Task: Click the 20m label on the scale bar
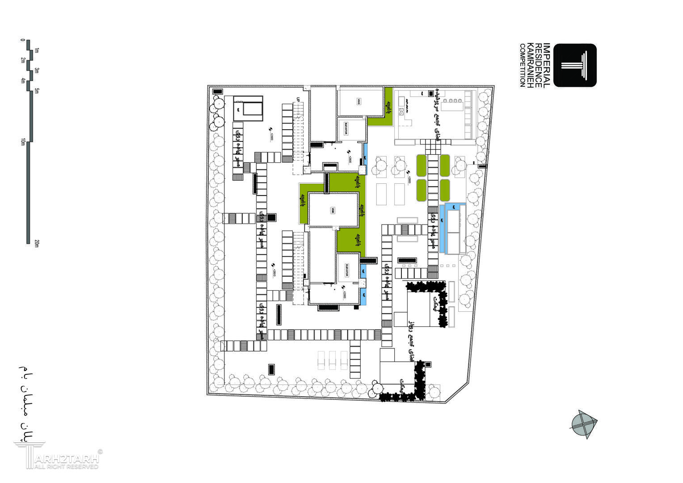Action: click(37, 243)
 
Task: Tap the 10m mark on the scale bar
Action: click(22, 142)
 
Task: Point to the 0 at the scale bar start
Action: click(22, 40)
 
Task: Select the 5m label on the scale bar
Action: click(37, 91)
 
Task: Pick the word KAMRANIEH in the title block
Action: click(530, 65)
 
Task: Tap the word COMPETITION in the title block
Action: click(522, 65)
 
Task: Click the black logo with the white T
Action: click(575, 65)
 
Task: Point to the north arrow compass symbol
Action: click(583, 423)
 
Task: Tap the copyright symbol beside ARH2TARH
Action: click(100, 452)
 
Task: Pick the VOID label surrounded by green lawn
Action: click(333, 210)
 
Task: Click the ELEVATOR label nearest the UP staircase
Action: click(346, 130)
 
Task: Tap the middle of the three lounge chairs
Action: click(332, 360)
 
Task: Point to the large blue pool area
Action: click(452, 228)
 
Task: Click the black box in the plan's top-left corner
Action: click(218, 91)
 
